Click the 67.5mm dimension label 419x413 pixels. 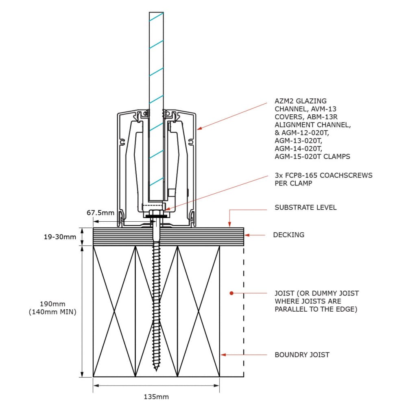pyautogui.click(x=100, y=213)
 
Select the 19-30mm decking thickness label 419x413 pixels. pyautogui.click(x=60, y=236)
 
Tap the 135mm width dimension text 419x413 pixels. pyautogui.click(x=156, y=396)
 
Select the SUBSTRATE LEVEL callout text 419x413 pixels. pyautogui.click(x=306, y=208)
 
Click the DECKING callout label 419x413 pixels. pyautogui.click(x=288, y=235)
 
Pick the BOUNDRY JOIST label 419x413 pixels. pyautogui.click(x=302, y=355)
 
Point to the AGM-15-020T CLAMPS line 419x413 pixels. pyautogui.click(x=312, y=156)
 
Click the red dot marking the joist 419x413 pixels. pyautogui.click(x=231, y=293)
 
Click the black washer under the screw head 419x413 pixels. pyautogui.click(x=156, y=217)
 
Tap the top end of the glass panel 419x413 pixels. pyautogui.click(x=156, y=13)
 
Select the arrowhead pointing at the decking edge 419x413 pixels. pyautogui.click(x=246, y=235)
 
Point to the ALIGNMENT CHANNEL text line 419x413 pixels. pyautogui.click(x=312, y=125)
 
